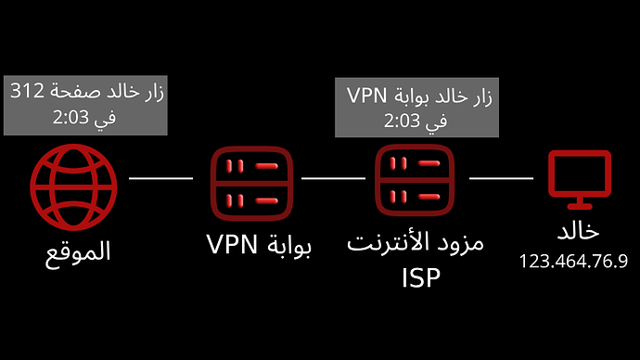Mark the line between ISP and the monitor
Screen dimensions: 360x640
coord(502,175)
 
